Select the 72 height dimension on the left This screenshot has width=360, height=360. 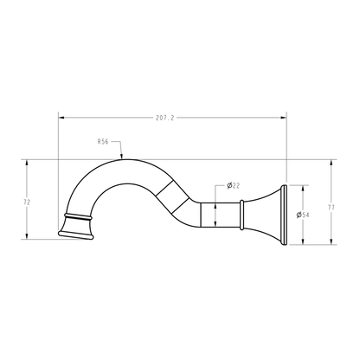point(28,201)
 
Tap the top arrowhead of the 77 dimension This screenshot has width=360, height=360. point(331,162)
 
